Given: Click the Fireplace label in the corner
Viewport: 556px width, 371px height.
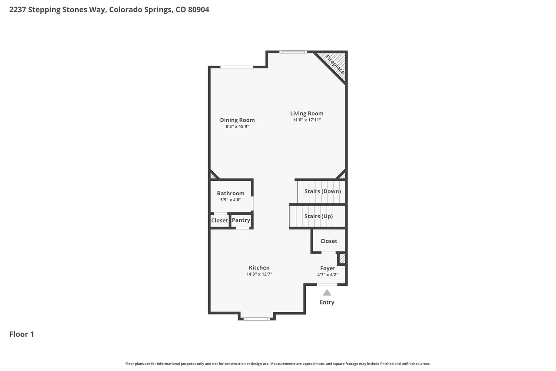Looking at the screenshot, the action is (335, 65).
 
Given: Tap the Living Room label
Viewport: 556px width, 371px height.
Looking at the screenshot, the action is (307, 114).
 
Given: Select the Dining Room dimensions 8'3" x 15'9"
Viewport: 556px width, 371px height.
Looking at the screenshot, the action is (237, 127).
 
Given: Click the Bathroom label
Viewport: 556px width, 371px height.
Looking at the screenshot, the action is (231, 193).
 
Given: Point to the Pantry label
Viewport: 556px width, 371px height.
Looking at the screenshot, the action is (241, 220).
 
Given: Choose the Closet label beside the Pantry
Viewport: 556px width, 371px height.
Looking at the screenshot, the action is (219, 221).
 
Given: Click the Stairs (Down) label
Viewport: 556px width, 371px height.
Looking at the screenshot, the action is (323, 191).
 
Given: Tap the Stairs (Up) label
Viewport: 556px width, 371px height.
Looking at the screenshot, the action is (318, 216).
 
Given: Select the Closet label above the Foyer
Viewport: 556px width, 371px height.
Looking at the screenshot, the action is (329, 241).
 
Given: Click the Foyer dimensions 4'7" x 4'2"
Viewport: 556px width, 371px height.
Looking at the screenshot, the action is (328, 274).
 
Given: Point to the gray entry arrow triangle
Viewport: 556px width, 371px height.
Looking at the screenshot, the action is (327, 293).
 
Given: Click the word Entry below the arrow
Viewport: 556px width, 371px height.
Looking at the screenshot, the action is (327, 302).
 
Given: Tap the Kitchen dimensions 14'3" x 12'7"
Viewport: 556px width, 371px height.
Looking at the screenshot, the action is (259, 274).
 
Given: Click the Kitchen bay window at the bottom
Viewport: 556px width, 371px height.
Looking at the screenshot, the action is (257, 319).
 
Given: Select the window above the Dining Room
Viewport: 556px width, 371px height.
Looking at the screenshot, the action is (237, 67).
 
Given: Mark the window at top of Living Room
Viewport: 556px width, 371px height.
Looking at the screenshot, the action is (293, 52).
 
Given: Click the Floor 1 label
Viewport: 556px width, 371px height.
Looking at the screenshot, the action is (22, 334).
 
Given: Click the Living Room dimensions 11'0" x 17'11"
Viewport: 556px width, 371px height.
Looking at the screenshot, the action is (307, 120).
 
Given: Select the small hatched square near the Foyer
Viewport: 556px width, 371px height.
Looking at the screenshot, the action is (342, 258).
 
